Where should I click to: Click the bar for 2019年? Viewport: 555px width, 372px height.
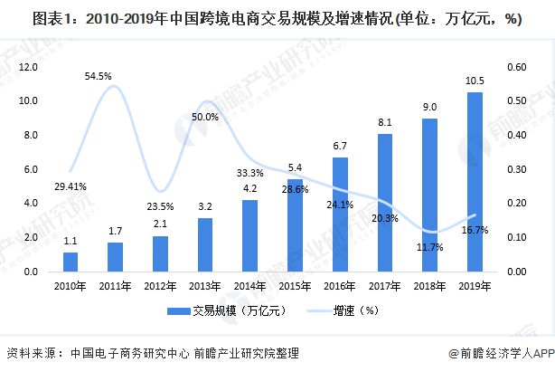click(474, 181)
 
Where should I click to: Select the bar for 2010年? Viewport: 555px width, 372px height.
click(70, 262)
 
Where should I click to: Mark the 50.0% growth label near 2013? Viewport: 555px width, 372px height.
click(204, 117)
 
